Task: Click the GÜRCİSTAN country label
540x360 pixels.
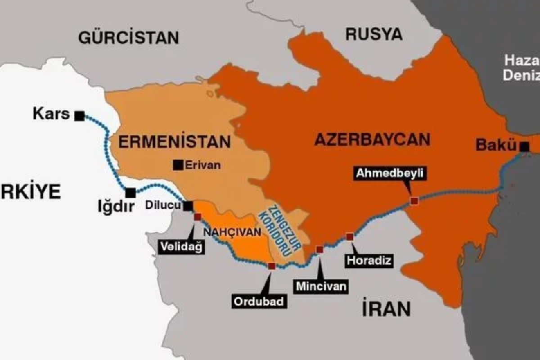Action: (129, 37)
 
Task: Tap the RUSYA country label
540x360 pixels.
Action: (373, 34)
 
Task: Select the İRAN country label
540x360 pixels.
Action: (386, 309)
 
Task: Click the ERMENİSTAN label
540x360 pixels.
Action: (174, 142)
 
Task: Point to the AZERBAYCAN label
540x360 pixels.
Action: (372, 139)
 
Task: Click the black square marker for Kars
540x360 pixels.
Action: (80, 116)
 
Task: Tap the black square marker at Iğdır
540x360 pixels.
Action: (130, 193)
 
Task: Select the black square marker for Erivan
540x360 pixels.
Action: (178, 165)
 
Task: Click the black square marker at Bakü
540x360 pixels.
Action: (524, 147)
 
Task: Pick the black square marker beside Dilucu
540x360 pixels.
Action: (188, 206)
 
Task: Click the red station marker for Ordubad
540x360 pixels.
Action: (271, 266)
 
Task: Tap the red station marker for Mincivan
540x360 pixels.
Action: (319, 249)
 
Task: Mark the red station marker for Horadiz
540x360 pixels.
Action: (349, 237)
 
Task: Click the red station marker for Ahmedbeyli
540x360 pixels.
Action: (414, 201)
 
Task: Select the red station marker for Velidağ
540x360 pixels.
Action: (198, 217)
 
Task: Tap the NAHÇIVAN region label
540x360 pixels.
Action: (232, 232)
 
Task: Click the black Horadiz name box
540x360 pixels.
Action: (369, 260)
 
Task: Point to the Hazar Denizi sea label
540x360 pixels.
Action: (522, 67)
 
